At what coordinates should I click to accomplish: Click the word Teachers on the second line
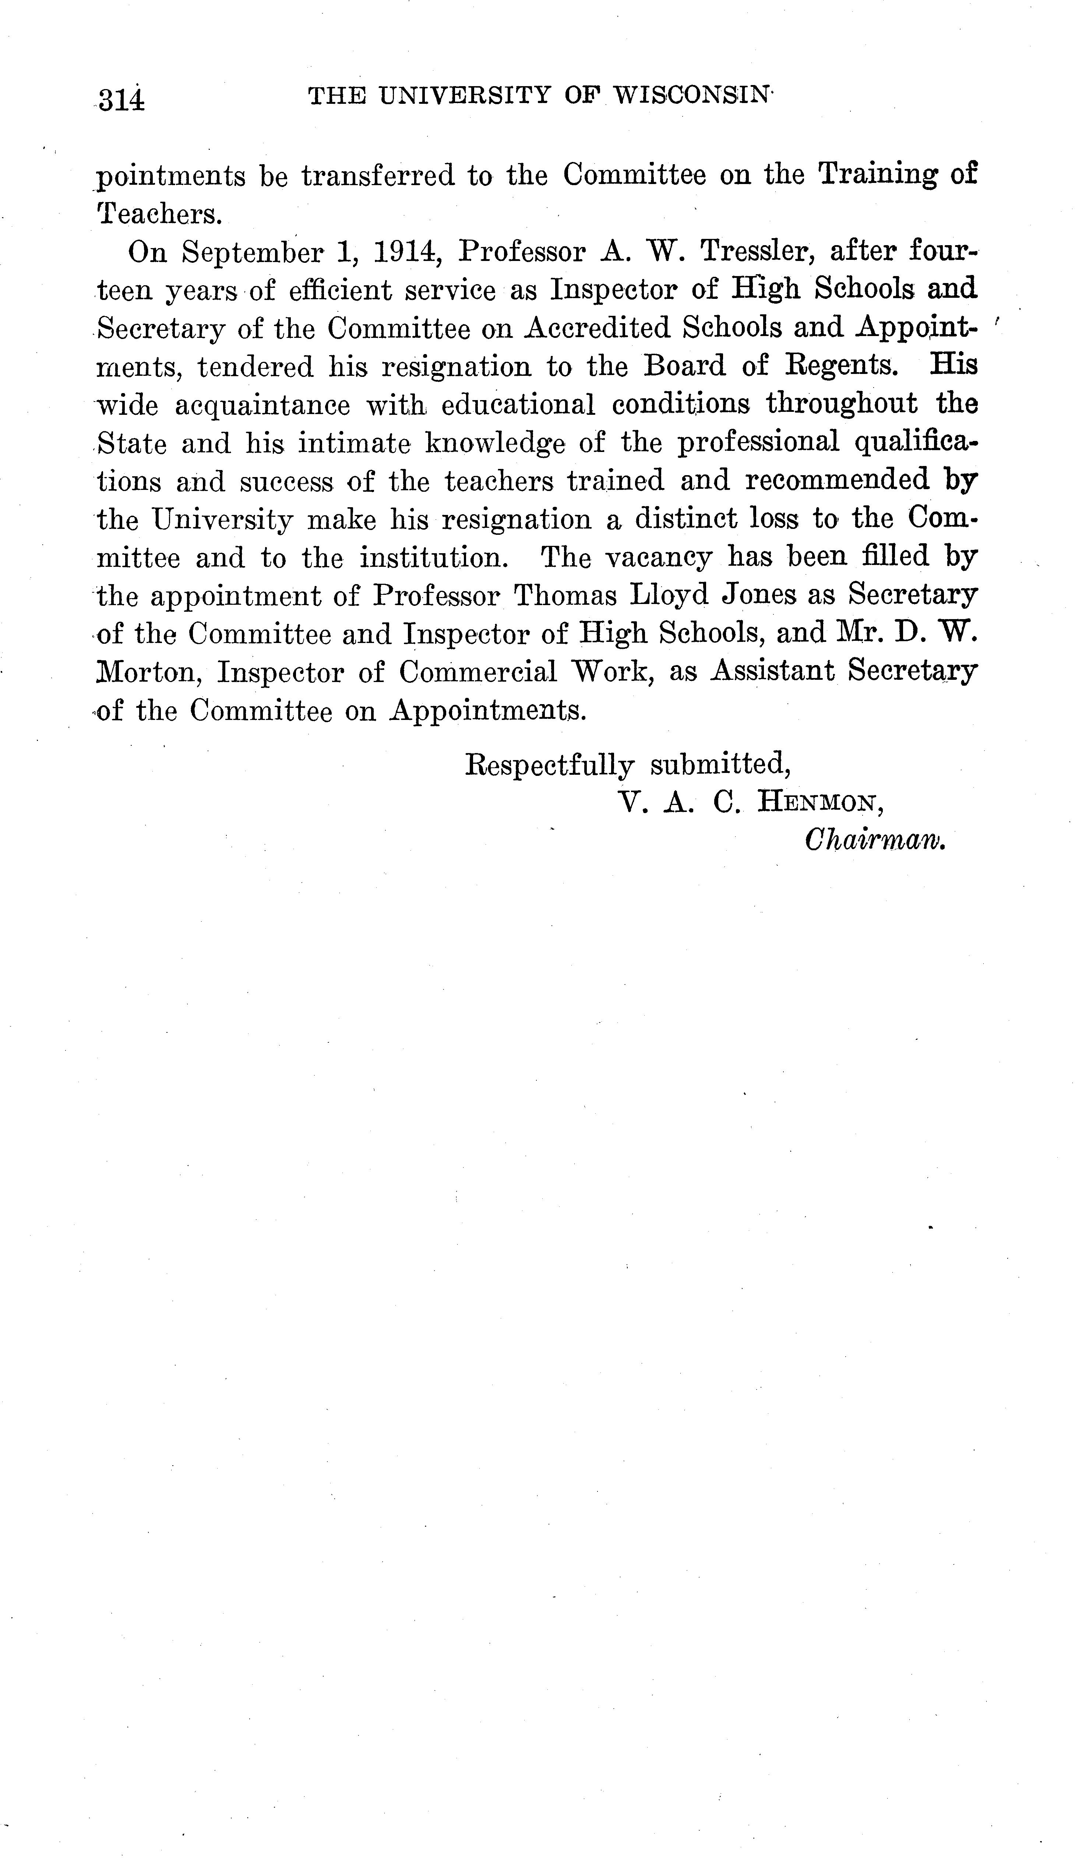click(x=159, y=214)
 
